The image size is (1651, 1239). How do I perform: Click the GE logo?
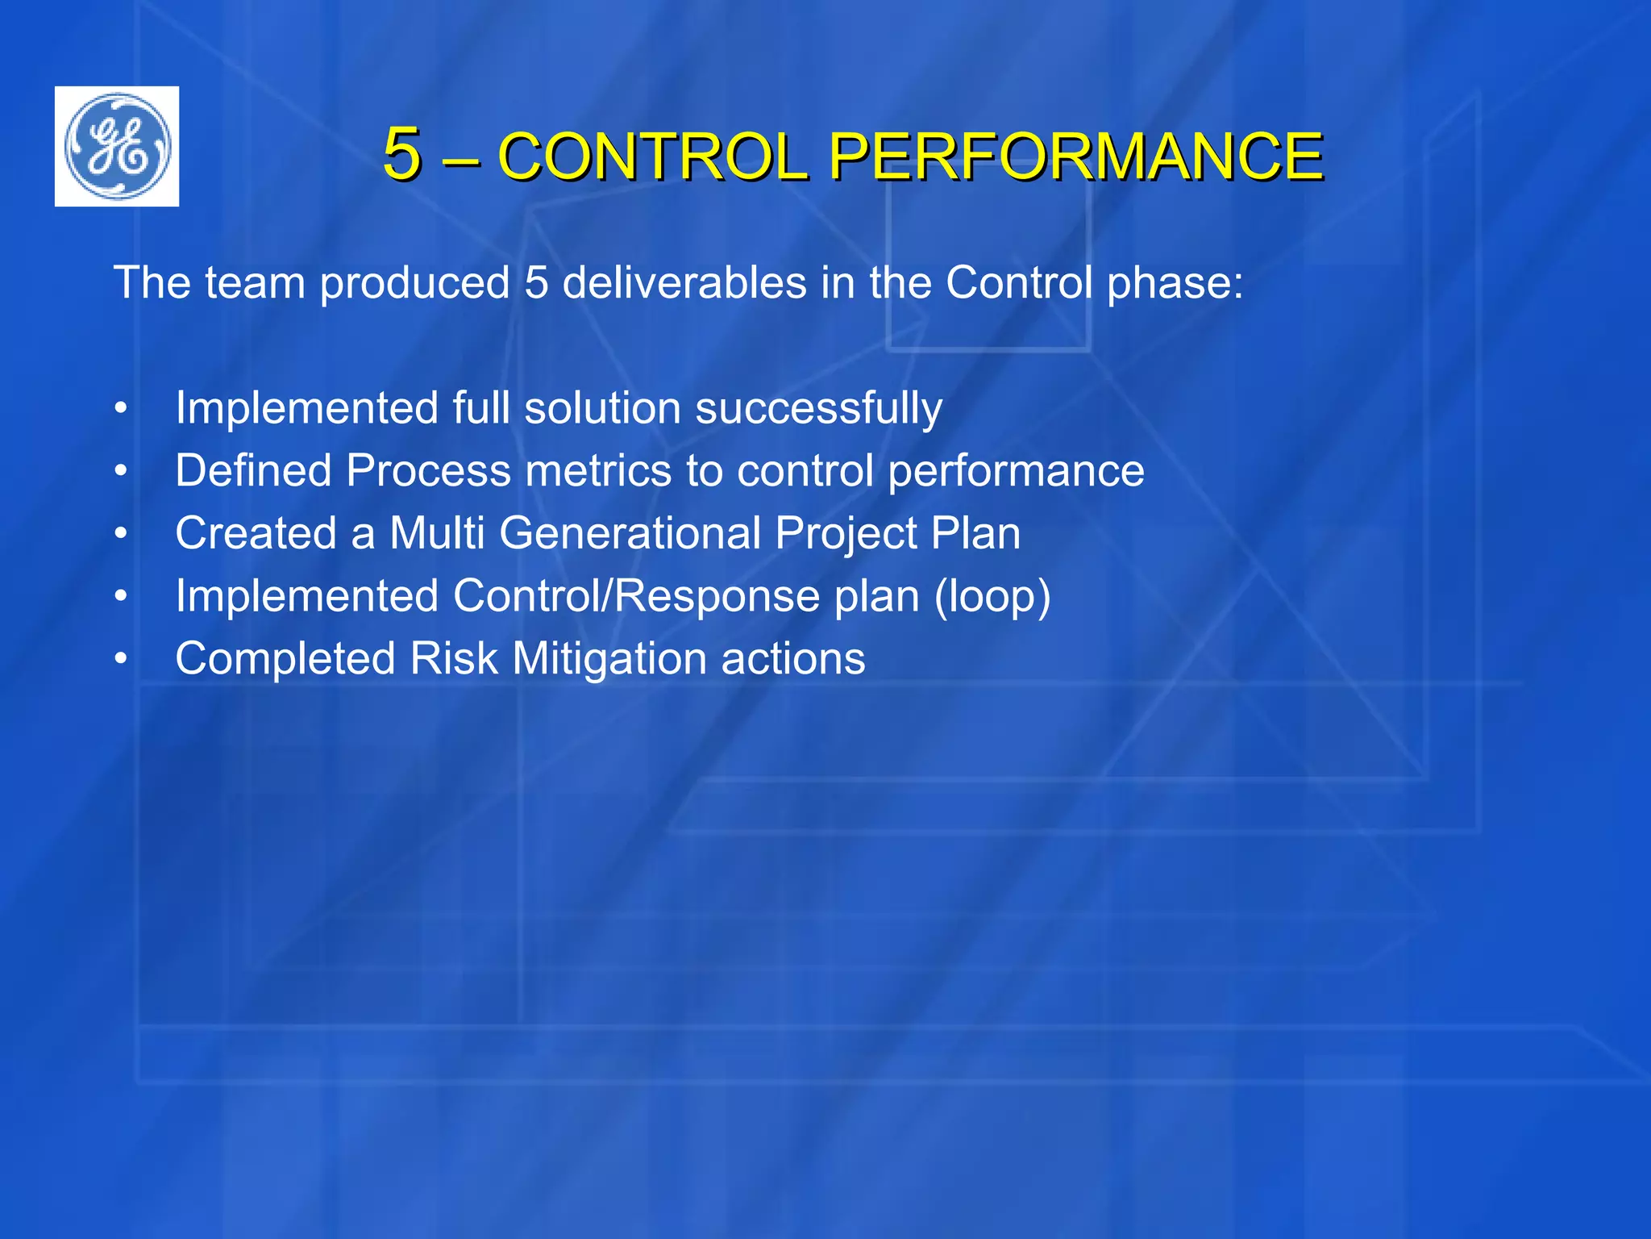coord(117,146)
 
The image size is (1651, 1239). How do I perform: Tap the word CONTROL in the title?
coord(653,156)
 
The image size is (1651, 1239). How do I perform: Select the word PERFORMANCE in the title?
coord(1075,156)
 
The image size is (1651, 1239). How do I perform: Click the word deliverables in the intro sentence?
coord(684,283)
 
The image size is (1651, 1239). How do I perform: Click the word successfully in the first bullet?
coord(818,409)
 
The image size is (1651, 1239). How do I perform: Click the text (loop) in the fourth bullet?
coord(992,597)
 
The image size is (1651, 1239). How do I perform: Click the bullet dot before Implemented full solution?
coord(121,409)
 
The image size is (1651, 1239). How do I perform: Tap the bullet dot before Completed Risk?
coord(121,660)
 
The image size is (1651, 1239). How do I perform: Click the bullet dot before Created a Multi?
coord(121,534)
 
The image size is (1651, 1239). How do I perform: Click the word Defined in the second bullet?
coord(252,470)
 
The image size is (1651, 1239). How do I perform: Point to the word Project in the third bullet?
coord(846,534)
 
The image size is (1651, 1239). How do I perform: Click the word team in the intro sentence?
coord(255,283)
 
